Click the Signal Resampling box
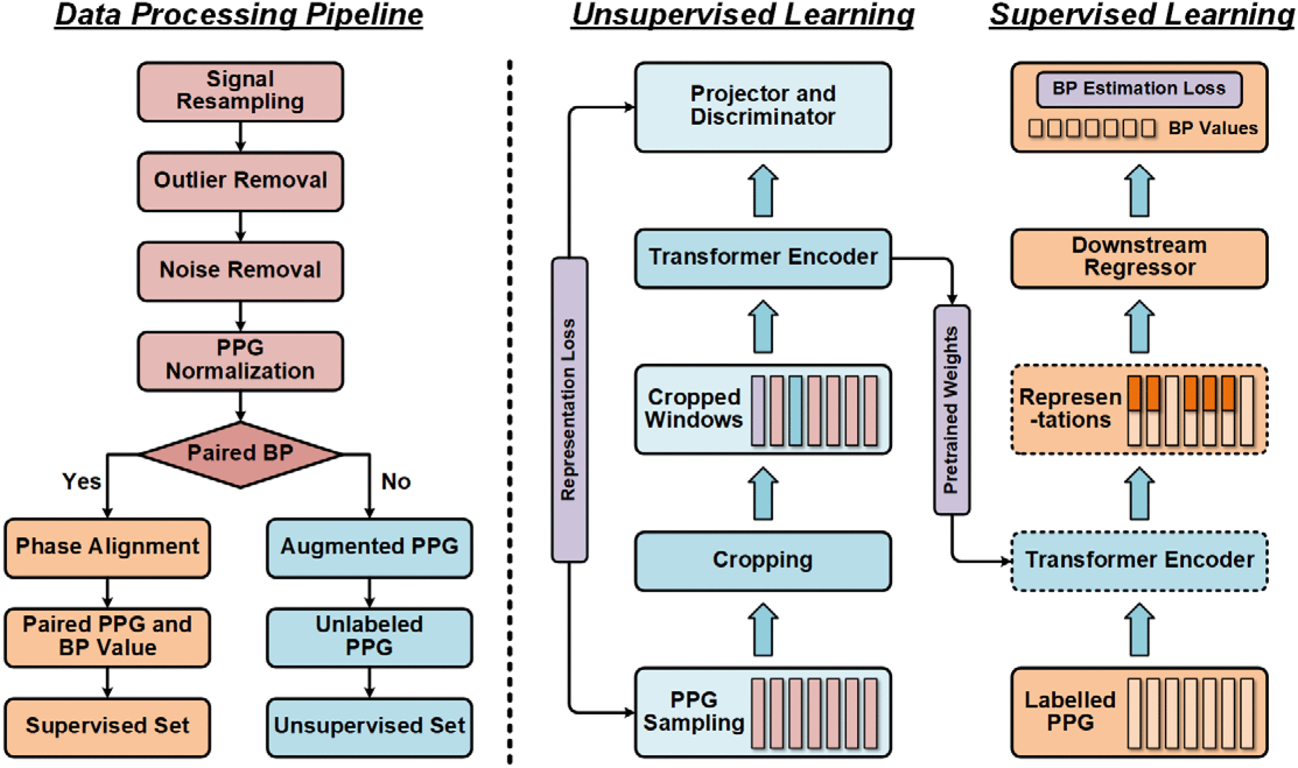pos(240,92)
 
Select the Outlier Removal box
pos(240,181)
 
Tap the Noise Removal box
pos(240,271)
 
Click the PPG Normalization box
pos(240,360)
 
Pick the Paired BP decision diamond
pos(240,454)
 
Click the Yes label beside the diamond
pos(82,482)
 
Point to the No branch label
pos(396,482)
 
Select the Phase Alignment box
pos(107,547)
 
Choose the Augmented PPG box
pos(369,547)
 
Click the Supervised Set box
pos(107,726)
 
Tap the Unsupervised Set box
pos(369,726)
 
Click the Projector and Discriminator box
pos(762,107)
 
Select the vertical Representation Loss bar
pos(569,409)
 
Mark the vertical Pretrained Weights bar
pos(951,409)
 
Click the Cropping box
pos(762,560)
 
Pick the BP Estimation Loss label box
pos(1139,89)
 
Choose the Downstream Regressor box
pos(1139,257)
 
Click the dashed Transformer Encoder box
pos(1139,560)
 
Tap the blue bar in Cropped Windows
pos(795,411)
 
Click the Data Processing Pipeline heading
pos(239,15)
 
